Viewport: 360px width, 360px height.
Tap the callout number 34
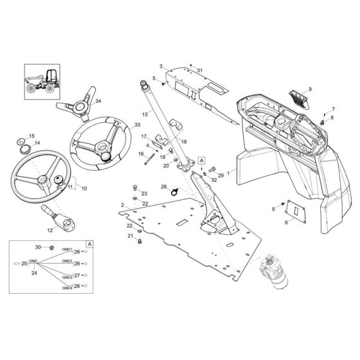98,101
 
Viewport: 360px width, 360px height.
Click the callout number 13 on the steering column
145,113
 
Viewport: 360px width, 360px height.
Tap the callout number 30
37,247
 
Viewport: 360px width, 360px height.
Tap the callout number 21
131,237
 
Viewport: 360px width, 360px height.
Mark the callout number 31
200,70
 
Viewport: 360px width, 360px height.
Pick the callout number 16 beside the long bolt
141,154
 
